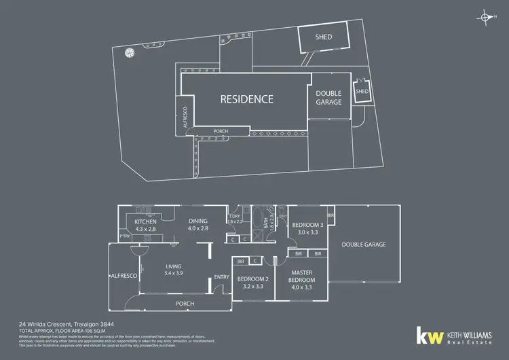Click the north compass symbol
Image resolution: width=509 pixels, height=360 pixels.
(485, 17)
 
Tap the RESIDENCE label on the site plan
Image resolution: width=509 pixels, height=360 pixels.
(247, 99)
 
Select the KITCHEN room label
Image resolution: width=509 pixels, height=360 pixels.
(145, 222)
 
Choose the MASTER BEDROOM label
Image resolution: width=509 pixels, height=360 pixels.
(300, 276)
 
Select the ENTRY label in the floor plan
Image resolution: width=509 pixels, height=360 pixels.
(221, 276)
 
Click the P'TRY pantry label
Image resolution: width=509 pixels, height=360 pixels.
(125, 236)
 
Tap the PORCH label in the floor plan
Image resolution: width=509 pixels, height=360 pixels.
(185, 303)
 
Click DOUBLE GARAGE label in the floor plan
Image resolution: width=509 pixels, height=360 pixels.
(364, 245)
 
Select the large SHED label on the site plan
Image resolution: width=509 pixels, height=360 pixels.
(324, 37)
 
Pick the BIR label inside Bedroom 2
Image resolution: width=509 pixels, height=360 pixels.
(240, 259)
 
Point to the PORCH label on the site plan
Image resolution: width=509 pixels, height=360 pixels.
(221, 131)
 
